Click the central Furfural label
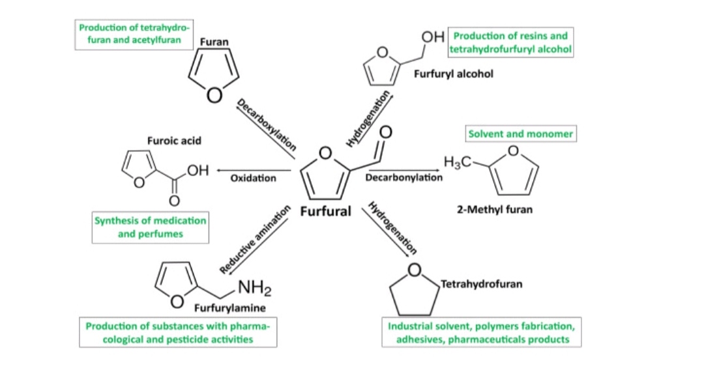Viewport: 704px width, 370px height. pyautogui.click(x=325, y=212)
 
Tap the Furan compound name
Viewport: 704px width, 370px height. pyautogui.click(x=214, y=42)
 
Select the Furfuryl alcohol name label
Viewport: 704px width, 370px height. pyautogui.click(x=453, y=74)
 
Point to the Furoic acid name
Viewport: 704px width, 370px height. pyautogui.click(x=174, y=140)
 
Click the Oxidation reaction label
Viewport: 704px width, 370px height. pyautogui.click(x=253, y=178)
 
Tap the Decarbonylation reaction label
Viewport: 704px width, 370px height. pyautogui.click(x=403, y=177)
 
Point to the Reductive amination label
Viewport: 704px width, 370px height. pyautogui.click(x=254, y=239)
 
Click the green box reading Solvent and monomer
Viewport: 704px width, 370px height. pyautogui.click(x=520, y=134)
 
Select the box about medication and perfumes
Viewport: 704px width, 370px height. pyautogui.click(x=150, y=227)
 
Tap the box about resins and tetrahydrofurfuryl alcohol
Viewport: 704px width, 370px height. pyautogui.click(x=510, y=42)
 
